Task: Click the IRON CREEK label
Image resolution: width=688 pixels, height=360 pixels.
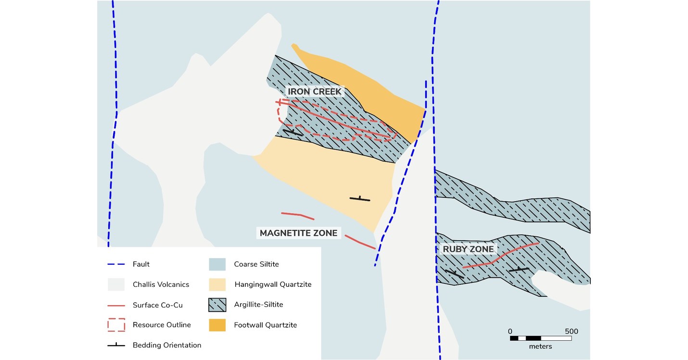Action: [314, 91]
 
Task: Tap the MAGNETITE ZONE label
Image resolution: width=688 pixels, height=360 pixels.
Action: [299, 233]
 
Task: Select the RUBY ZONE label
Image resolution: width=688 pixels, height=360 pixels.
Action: [468, 249]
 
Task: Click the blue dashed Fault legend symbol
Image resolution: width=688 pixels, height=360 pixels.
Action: [116, 264]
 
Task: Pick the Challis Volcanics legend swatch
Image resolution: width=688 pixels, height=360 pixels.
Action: [116, 284]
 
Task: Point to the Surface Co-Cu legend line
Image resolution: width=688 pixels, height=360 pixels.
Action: [116, 305]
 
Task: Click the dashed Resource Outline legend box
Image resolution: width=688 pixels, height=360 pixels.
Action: [116, 325]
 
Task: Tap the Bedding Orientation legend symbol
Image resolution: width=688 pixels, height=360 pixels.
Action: [116, 345]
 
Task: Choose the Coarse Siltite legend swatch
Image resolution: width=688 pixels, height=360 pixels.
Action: [217, 264]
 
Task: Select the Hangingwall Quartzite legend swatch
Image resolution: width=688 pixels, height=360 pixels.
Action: [217, 284]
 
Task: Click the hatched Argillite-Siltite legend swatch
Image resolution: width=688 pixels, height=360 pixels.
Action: [217, 305]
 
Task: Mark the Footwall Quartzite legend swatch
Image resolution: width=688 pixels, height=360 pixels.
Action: [217, 325]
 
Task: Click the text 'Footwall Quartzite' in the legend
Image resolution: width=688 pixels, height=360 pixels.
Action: [266, 325]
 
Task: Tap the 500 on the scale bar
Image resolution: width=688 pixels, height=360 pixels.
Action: [571, 331]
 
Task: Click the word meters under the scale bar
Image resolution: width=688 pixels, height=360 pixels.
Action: [540, 347]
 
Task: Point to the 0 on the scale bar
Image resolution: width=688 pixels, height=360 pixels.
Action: [510, 331]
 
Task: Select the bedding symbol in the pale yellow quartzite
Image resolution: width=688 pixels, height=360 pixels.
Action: [360, 198]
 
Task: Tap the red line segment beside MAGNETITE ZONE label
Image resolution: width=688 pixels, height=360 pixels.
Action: [359, 242]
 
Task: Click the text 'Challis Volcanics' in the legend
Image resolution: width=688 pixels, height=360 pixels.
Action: [161, 284]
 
